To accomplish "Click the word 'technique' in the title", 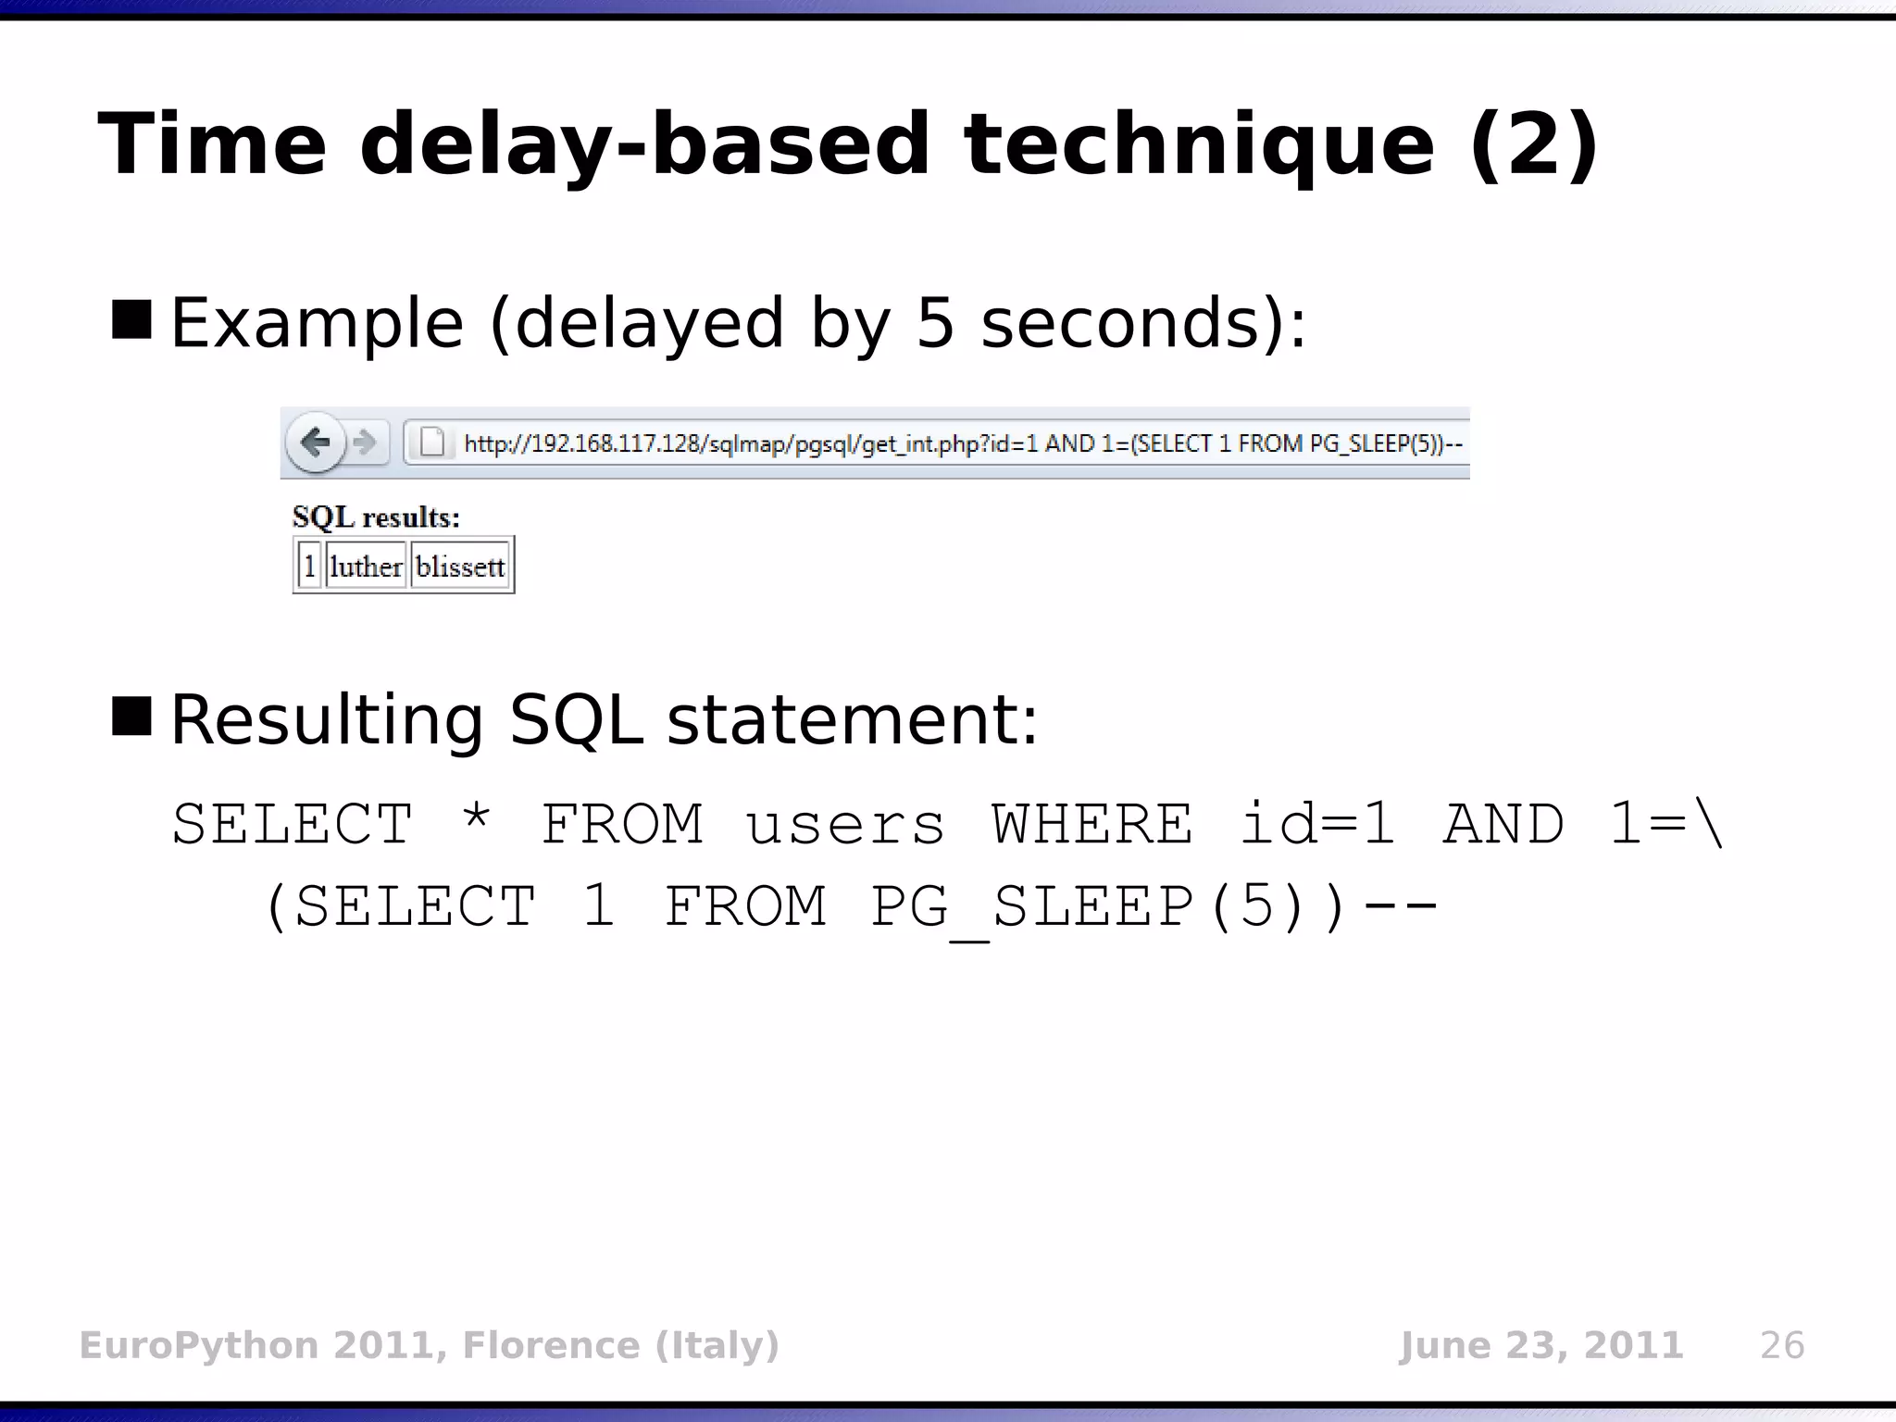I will (1199, 145).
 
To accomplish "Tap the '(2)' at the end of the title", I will (1533, 145).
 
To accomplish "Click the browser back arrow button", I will (316, 443).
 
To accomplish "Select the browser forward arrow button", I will (366, 443).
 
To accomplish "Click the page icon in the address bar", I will (432, 443).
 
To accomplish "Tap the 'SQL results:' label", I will (376, 517).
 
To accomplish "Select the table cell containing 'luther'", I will (366, 566).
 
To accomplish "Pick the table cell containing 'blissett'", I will (460, 566).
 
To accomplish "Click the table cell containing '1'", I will (309, 566).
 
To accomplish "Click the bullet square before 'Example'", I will (131, 319).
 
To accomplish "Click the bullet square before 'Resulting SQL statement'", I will (131, 716).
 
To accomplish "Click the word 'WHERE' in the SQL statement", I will (1092, 824).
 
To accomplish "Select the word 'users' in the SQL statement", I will (845, 824).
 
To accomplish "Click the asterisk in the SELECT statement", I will (476, 819).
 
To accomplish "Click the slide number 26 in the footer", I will (1781, 1345).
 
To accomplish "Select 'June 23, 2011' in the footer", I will (1540, 1345).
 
